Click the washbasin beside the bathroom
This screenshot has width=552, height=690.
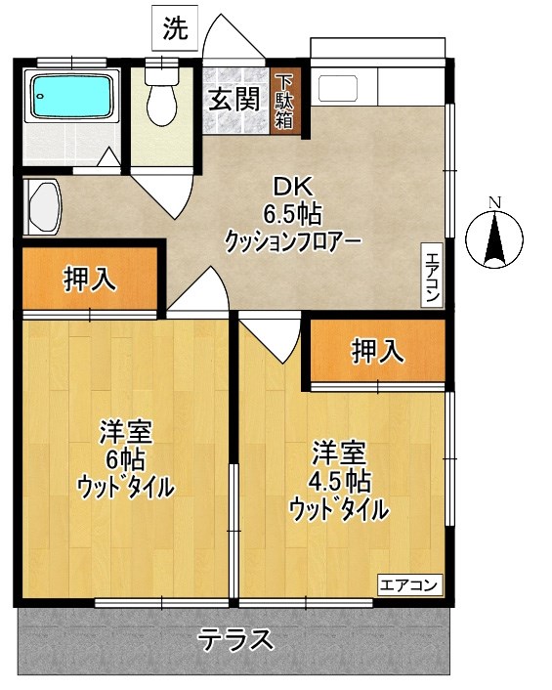[44, 207]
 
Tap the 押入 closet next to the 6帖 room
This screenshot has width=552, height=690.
[90, 280]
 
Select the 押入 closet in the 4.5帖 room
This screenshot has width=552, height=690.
[377, 350]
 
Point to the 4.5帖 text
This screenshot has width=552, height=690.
[343, 481]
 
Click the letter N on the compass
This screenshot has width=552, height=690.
[494, 202]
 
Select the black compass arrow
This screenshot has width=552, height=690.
[494, 239]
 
